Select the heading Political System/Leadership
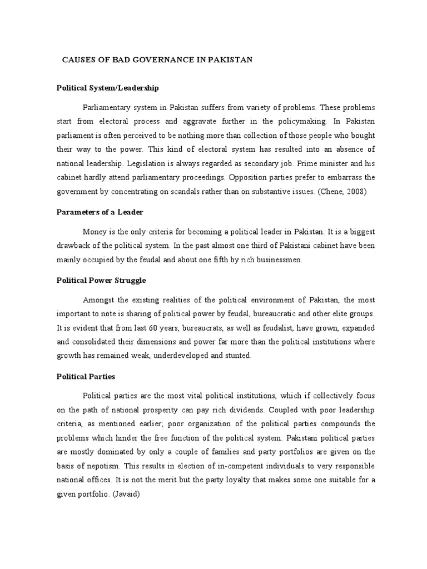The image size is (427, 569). pyautogui.click(x=108, y=88)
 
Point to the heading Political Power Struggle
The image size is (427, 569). pyautogui.click(x=102, y=281)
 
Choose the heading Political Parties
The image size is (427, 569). pyautogui.click(x=86, y=376)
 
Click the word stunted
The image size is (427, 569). pyautogui.click(x=238, y=356)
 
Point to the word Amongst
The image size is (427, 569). pyautogui.click(x=99, y=300)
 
